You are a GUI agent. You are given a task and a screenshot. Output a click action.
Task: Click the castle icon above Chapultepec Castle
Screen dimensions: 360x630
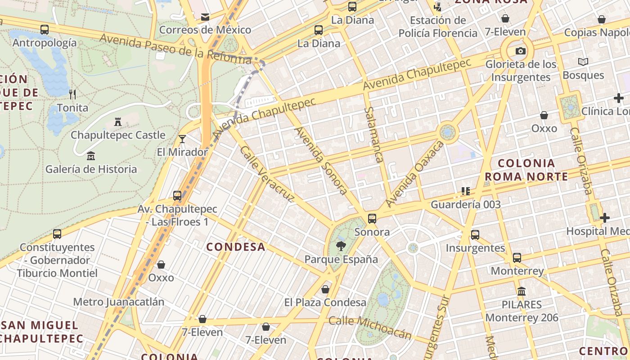point(118,121)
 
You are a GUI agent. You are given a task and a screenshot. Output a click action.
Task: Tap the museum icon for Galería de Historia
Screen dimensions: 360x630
point(91,156)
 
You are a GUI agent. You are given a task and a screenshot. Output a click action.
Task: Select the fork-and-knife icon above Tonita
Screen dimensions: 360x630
point(72,94)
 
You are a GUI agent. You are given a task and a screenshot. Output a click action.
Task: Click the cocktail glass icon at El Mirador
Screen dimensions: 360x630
point(182,139)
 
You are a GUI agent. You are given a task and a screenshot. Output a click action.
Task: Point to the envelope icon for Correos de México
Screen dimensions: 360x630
point(205,17)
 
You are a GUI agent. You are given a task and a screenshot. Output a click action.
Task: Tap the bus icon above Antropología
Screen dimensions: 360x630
point(45,30)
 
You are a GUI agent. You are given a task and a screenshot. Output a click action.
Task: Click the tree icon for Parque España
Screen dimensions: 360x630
point(341,246)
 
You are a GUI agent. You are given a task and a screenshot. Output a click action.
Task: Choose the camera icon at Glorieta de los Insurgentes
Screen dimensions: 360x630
point(521,51)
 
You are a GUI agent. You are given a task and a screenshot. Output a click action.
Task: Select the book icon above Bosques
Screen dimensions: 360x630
point(583,62)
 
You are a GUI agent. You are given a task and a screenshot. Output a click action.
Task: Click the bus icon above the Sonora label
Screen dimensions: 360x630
point(372,219)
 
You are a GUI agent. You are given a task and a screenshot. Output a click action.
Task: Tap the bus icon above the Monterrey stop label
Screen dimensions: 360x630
point(517,258)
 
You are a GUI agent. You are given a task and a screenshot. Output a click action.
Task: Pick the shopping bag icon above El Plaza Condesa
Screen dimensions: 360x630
point(325,289)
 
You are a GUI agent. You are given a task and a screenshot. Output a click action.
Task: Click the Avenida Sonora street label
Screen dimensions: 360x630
point(321,161)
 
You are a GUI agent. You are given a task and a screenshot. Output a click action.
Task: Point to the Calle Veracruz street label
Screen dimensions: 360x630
point(267,173)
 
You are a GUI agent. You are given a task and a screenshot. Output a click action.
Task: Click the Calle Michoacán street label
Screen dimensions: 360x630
point(370,327)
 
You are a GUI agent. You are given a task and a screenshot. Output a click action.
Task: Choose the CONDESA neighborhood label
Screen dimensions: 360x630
point(235,247)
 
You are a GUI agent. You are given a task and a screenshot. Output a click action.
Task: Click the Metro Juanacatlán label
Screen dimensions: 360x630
point(119,301)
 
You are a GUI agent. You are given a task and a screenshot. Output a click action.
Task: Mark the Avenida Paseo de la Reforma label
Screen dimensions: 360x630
point(175,48)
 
